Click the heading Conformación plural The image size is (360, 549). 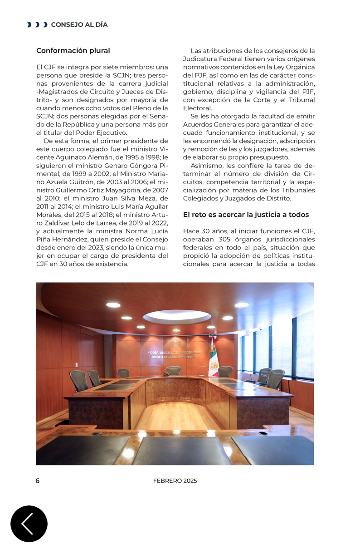[73, 51]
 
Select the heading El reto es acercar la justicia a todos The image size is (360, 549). [246, 215]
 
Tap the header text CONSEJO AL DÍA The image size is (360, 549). [79, 25]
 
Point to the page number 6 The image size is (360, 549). [38, 481]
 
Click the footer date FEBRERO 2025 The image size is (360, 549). [175, 481]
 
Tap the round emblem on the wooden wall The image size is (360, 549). [175, 343]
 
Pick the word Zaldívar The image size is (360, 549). [51, 223]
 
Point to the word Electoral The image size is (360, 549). [197, 108]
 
